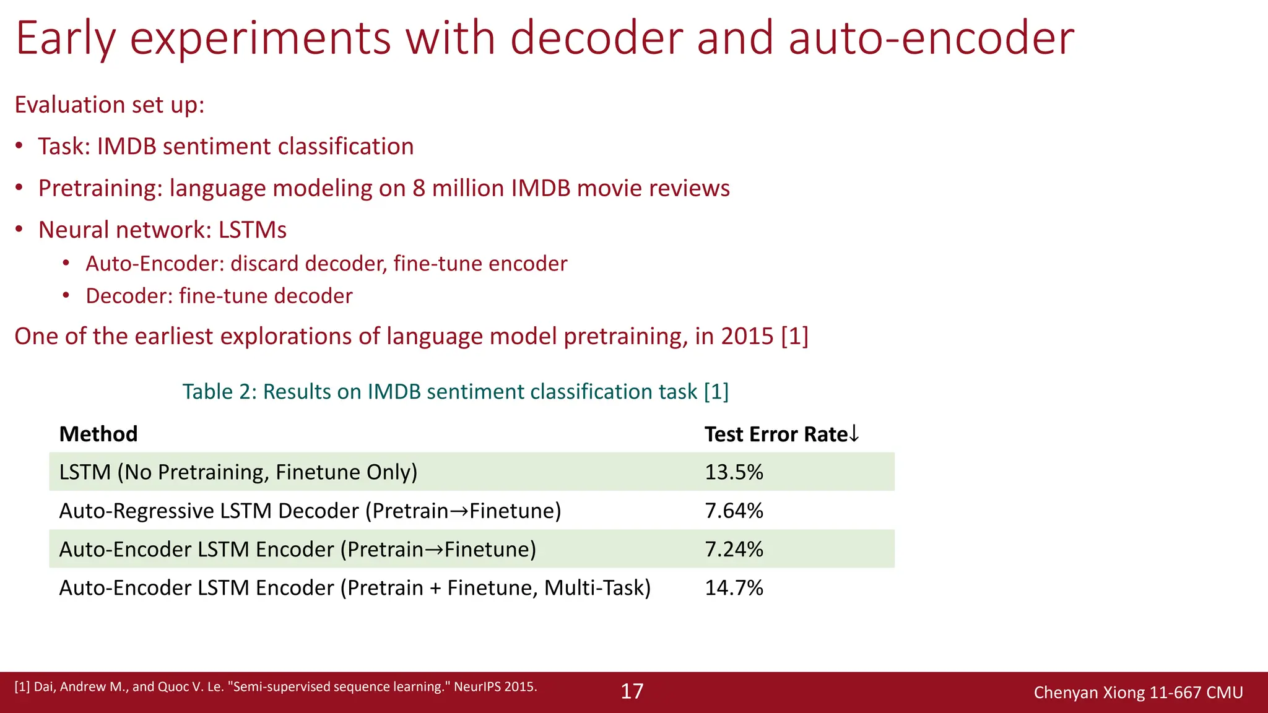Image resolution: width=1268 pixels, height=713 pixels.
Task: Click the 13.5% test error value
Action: pyautogui.click(x=734, y=472)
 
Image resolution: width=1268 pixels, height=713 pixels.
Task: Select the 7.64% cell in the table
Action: pyautogui.click(x=734, y=511)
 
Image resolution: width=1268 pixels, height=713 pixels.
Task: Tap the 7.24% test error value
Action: pyautogui.click(x=734, y=549)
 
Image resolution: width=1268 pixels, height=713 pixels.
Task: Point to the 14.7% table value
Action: pyautogui.click(x=734, y=587)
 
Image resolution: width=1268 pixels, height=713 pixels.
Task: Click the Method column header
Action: pyautogui.click(x=98, y=434)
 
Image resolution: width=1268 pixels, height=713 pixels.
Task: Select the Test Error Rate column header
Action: pyautogui.click(x=781, y=434)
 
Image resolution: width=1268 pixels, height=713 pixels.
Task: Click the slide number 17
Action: pyautogui.click(x=632, y=691)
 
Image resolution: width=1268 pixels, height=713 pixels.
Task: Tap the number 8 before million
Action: pyautogui.click(x=419, y=188)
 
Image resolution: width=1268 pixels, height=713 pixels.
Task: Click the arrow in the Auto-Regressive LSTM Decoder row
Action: pyautogui.click(x=459, y=511)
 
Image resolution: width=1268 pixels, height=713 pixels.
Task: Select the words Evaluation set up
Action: pyautogui.click(x=109, y=105)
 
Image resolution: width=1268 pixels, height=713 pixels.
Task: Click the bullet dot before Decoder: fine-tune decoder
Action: pyautogui.click(x=66, y=296)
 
